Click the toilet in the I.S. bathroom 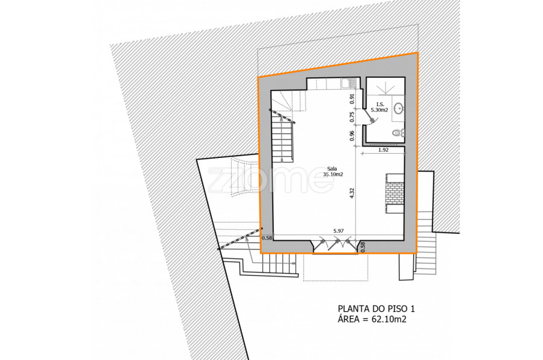click(x=399, y=132)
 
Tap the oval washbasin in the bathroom click(x=399, y=108)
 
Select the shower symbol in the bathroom click(x=386, y=88)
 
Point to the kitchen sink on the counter click(x=345, y=83)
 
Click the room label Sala click(x=332, y=169)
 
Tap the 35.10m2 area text click(x=333, y=174)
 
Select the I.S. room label click(x=380, y=104)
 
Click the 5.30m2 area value click(x=379, y=110)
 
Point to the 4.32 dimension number click(x=352, y=193)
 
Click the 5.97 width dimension click(x=338, y=231)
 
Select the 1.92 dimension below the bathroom click(x=383, y=150)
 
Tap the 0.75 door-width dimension click(x=352, y=117)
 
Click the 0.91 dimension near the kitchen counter click(x=352, y=99)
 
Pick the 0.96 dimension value click(x=352, y=136)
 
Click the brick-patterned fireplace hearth click(x=395, y=193)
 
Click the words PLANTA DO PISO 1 click(x=376, y=308)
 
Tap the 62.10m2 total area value click(x=389, y=319)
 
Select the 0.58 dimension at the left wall click(x=267, y=238)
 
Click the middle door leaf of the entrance click(x=334, y=244)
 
